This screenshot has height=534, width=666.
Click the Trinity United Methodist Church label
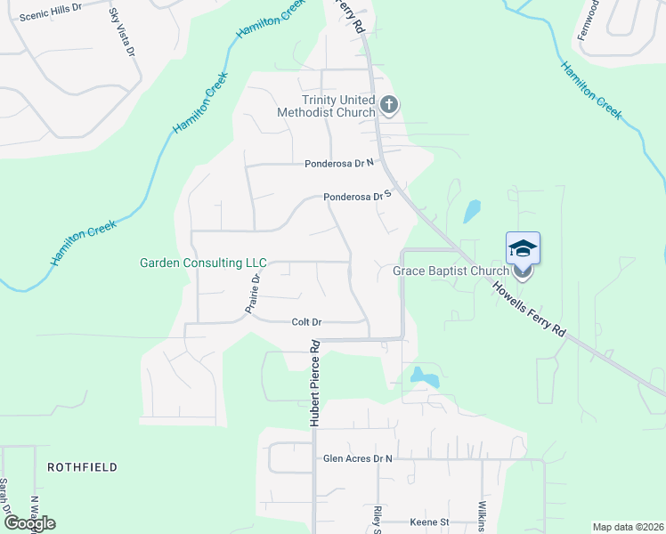(326, 107)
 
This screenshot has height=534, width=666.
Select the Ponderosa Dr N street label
(342, 164)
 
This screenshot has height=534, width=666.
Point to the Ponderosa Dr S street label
(357, 197)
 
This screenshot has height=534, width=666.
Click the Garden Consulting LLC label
(203, 263)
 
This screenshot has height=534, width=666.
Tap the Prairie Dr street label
(252, 293)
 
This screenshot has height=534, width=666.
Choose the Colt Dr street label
(305, 322)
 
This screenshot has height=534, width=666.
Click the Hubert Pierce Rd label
(314, 383)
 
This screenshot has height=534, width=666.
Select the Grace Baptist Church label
(451, 271)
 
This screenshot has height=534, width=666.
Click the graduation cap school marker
(523, 248)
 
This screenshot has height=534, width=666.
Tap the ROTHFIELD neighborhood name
(82, 466)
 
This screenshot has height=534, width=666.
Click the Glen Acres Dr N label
(357, 458)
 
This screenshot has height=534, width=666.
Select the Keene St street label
(430, 522)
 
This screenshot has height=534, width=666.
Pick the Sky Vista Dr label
(121, 33)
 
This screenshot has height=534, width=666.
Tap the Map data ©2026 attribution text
(627, 527)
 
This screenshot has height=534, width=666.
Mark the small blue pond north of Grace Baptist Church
(471, 212)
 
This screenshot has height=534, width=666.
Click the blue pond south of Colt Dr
(423, 377)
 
